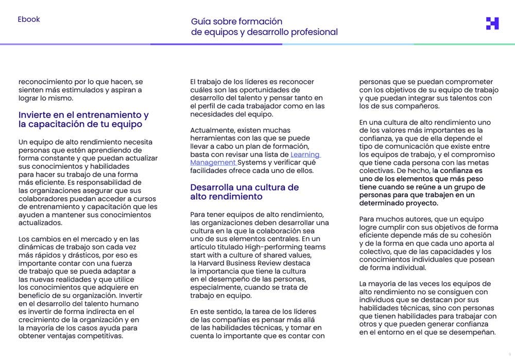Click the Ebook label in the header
click(x=28, y=20)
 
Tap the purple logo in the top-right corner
click(x=492, y=23)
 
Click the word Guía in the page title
click(x=201, y=22)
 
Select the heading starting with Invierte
click(x=83, y=119)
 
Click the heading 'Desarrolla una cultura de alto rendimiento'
click(x=244, y=192)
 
